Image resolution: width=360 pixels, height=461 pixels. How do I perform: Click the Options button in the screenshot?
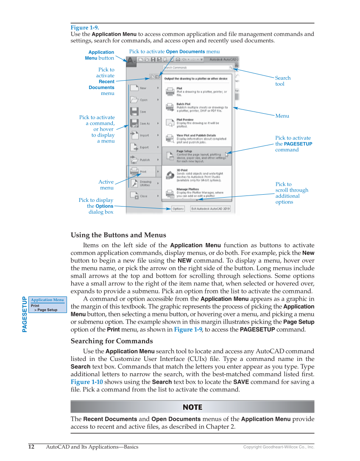(x=178, y=209)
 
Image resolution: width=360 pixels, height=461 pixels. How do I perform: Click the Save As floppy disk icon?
(x=134, y=123)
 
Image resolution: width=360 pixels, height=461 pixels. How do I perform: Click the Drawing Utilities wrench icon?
(x=134, y=184)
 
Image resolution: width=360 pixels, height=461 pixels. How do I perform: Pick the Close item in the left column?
(x=144, y=196)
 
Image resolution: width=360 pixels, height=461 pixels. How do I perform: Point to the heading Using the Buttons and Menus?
(x=118, y=235)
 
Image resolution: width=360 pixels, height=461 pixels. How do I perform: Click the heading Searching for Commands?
(x=112, y=341)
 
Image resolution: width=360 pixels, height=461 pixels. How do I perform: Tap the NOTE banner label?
(x=192, y=407)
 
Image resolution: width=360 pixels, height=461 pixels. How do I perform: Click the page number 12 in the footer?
(x=31, y=447)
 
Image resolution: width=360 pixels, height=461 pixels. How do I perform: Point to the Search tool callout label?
(x=282, y=81)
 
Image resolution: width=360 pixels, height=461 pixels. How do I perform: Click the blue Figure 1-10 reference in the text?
(x=87, y=382)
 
